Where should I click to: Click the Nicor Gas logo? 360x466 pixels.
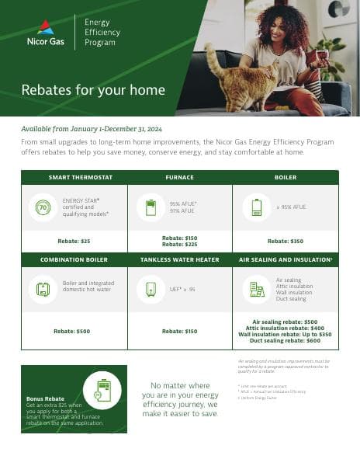(47, 33)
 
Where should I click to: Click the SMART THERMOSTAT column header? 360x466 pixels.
(74, 178)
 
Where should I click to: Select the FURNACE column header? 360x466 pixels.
(180, 178)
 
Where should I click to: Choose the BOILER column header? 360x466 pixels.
(286, 178)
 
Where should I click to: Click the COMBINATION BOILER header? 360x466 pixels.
(74, 259)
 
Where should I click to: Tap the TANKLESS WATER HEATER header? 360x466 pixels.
(180, 259)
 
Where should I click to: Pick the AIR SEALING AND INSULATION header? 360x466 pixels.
(286, 259)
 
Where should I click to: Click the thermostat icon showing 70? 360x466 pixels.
(43, 207)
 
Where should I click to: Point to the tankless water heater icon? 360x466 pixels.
(149, 289)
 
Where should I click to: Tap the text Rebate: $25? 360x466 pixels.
(74, 241)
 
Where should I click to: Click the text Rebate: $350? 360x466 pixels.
(286, 241)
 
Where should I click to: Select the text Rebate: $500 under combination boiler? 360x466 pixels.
(72, 331)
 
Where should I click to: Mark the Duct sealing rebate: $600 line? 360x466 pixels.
(286, 340)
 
